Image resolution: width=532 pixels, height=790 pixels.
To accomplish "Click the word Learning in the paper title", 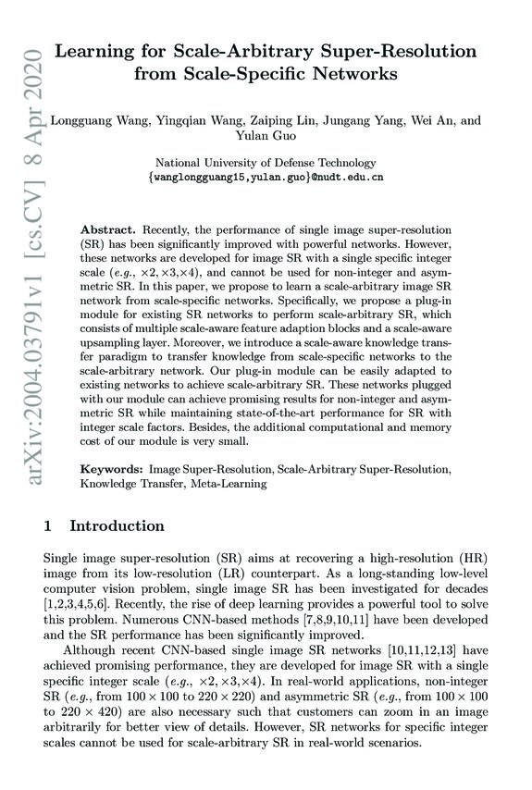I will point(95,54).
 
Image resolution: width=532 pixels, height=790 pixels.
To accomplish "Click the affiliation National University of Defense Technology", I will point(266,162).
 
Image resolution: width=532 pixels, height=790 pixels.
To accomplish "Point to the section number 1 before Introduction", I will point(48,526).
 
